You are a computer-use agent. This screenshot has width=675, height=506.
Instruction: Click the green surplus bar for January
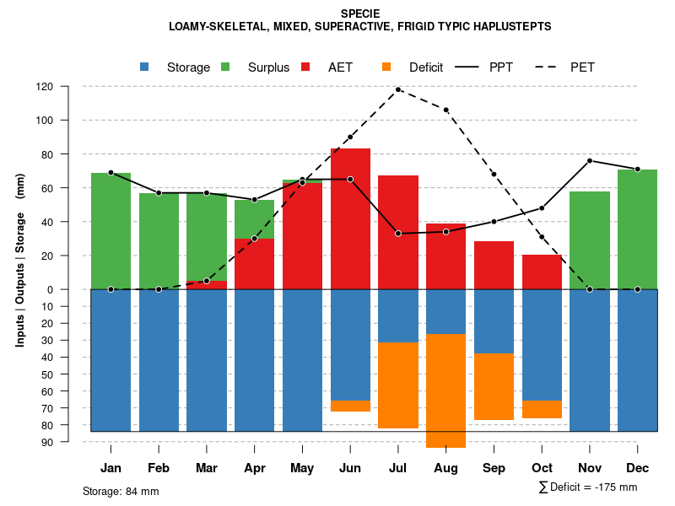[111, 231]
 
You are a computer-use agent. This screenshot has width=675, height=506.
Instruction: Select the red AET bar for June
[350, 218]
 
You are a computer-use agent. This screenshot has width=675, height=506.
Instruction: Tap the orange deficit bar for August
[445, 390]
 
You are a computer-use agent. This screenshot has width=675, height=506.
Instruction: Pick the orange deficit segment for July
[398, 385]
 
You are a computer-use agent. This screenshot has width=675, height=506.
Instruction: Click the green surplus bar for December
[637, 229]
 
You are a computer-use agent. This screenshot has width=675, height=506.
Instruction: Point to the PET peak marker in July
[398, 89]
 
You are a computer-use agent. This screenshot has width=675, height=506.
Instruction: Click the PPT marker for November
[590, 161]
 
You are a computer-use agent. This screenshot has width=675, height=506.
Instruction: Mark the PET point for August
[446, 110]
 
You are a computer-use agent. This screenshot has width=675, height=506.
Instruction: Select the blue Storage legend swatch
[144, 67]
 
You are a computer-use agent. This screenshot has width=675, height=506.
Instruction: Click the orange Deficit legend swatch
[386, 67]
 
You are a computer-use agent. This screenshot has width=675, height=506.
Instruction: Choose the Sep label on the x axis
[494, 468]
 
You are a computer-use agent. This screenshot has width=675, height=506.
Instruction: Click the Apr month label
[255, 468]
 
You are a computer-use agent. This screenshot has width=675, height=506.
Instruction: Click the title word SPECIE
[360, 13]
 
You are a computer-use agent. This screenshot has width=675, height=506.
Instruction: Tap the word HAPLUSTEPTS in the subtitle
[513, 27]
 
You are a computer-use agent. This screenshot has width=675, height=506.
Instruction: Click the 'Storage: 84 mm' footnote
[121, 491]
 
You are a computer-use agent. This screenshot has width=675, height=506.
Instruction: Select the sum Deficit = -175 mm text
[588, 487]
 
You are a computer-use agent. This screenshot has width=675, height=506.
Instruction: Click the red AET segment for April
[255, 264]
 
